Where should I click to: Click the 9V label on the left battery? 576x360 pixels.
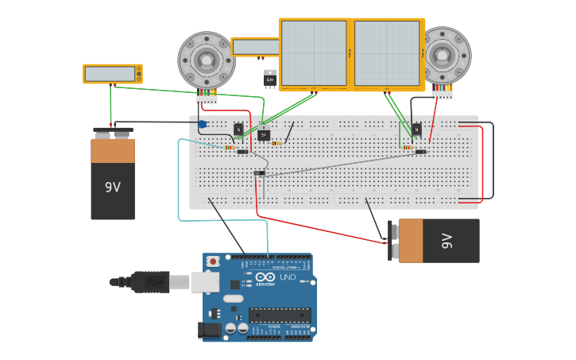[113, 188]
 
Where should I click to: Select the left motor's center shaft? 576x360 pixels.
[206, 60]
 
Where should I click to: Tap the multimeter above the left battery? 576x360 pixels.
[112, 74]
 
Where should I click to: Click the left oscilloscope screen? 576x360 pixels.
[314, 53]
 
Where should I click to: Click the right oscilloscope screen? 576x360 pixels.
[387, 53]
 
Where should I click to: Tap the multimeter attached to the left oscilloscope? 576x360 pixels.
[255, 47]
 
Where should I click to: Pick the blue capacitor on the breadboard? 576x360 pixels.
[203, 124]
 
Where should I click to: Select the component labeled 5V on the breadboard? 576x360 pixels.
[264, 135]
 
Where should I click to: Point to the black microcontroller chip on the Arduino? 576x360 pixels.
[280, 315]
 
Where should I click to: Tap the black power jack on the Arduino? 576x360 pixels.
[211, 329]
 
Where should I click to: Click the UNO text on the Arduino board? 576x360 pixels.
[287, 277]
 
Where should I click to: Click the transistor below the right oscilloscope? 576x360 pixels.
[416, 129]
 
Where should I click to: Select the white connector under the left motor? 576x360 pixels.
[207, 99]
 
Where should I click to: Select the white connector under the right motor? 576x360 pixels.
[443, 95]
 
